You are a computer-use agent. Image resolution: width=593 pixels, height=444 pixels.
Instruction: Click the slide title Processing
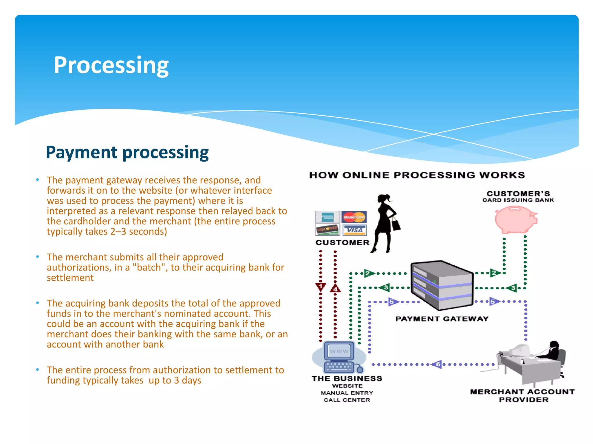tap(111, 66)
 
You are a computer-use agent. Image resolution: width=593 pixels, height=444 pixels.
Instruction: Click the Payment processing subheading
tap(127, 152)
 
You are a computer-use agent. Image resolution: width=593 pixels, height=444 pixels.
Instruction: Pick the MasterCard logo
tap(354, 217)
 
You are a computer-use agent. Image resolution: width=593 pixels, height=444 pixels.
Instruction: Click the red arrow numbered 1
tap(321, 287)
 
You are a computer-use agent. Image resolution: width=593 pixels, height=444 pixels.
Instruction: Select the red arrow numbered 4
tap(335, 288)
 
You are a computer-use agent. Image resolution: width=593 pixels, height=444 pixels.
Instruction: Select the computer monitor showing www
tap(339, 351)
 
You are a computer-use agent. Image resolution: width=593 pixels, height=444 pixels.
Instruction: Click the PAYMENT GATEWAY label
tap(442, 319)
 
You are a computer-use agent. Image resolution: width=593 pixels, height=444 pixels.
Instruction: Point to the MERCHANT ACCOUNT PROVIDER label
tap(523, 396)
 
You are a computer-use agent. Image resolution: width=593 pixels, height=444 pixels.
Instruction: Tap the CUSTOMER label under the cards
tap(342, 243)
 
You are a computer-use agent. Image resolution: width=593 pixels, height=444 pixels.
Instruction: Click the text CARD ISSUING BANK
tap(518, 200)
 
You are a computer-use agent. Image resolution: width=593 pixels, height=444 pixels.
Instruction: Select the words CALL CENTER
tap(347, 400)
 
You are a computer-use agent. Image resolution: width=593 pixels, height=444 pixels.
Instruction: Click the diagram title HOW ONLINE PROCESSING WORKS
tap(417, 175)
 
